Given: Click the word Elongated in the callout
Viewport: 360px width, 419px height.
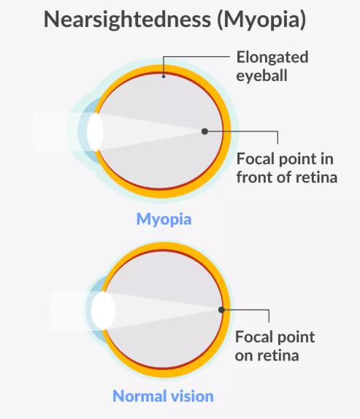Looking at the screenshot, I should tap(272, 57).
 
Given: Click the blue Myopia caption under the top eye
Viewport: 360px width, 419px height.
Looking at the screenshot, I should tap(164, 219).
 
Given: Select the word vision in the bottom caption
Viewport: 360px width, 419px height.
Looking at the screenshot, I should tap(194, 396).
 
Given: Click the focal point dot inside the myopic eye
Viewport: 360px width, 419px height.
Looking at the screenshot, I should tap(204, 131).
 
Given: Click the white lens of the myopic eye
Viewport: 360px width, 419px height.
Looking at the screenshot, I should tap(95, 132).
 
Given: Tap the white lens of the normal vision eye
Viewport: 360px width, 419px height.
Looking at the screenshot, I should tap(103, 310).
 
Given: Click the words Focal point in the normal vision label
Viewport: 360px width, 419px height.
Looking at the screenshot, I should tap(275, 337).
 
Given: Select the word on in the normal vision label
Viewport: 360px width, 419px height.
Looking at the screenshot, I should tap(245, 355).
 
